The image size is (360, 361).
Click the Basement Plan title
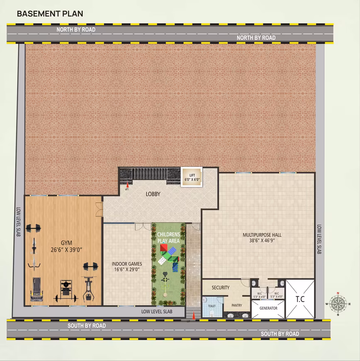pyautogui.click(x=50, y=14)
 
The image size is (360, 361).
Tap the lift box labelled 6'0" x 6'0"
pyautogui.click(x=192, y=177)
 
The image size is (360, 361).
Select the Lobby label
pyautogui.click(x=153, y=194)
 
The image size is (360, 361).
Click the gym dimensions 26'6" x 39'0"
pyautogui.click(x=66, y=250)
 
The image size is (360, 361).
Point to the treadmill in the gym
pyautogui.click(x=37, y=289)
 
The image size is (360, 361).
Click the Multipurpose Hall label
pyautogui.click(x=262, y=235)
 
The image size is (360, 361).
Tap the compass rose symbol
pyautogui.click(x=338, y=304)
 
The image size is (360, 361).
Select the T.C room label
pyautogui.click(x=300, y=299)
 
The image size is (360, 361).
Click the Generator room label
pyautogui.click(x=268, y=308)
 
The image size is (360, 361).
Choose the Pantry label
pyautogui.click(x=237, y=305)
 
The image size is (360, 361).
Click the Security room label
pyautogui.click(x=221, y=288)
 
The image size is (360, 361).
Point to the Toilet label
pyautogui.click(x=212, y=306)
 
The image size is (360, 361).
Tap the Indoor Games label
pyautogui.click(x=127, y=264)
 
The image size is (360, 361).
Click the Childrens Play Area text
pyautogui.click(x=168, y=238)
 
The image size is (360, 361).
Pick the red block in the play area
pyautogui.click(x=164, y=248)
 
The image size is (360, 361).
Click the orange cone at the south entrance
pyautogui.click(x=194, y=315)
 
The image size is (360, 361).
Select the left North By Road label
pyautogui.click(x=76, y=29)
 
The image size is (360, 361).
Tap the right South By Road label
pyautogui.click(x=280, y=334)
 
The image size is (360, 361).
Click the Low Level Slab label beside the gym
pyautogui.click(x=19, y=222)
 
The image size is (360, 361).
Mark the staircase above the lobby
pyautogui.click(x=149, y=175)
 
